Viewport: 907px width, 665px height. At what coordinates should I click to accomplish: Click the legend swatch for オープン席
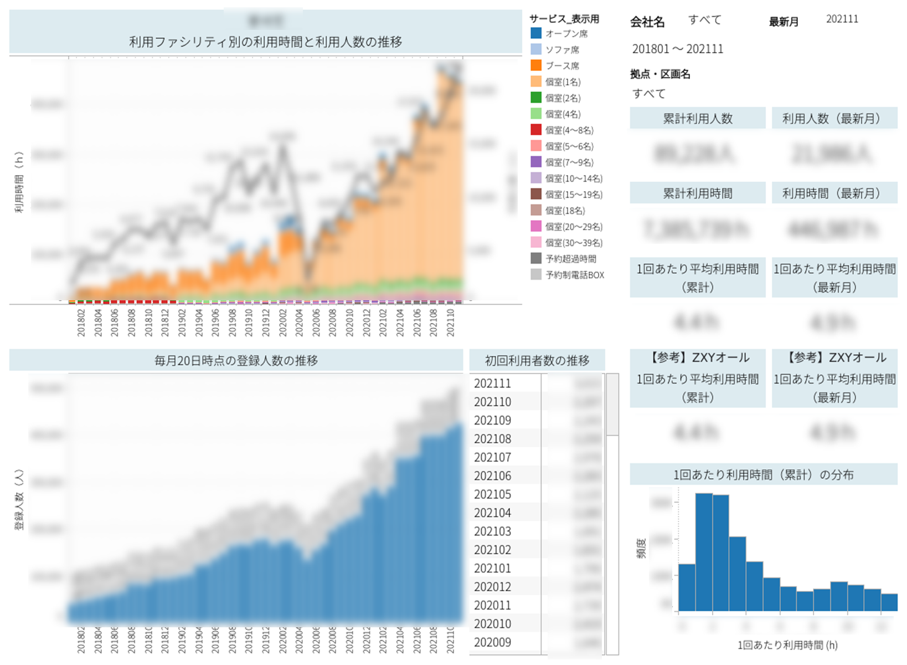pyautogui.click(x=536, y=34)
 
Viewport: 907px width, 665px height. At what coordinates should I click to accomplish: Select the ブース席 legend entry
pyautogui.click(x=562, y=66)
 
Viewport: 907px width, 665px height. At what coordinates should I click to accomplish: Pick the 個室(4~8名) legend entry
pyautogui.click(x=569, y=130)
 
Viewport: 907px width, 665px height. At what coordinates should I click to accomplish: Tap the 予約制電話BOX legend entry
pyautogui.click(x=574, y=275)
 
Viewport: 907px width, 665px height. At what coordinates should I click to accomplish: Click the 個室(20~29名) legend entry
pyautogui.click(x=573, y=227)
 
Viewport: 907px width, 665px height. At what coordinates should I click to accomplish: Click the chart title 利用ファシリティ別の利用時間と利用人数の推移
pyautogui.click(x=265, y=42)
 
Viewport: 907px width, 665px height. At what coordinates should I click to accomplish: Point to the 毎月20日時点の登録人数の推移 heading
pyautogui.click(x=236, y=361)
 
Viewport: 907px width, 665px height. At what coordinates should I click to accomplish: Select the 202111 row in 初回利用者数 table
pyautogui.click(x=492, y=383)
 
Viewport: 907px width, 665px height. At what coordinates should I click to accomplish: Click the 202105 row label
pyautogui.click(x=492, y=494)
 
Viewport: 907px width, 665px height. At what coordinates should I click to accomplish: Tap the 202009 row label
pyautogui.click(x=492, y=642)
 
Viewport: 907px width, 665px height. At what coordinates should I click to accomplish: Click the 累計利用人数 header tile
pyautogui.click(x=697, y=119)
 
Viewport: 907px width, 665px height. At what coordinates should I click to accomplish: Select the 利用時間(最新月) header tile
pyautogui.click(x=834, y=193)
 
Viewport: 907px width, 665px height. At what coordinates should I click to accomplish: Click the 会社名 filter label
pyautogui.click(x=647, y=22)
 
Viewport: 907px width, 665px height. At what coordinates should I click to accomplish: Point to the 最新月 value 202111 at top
pyautogui.click(x=842, y=19)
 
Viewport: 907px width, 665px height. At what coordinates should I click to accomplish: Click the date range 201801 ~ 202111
pyautogui.click(x=677, y=49)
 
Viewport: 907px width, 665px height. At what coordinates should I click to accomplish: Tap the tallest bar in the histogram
pyautogui.click(x=703, y=551)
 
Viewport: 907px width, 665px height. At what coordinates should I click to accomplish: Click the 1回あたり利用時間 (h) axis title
pyautogui.click(x=787, y=645)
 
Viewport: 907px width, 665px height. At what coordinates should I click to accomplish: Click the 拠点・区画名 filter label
pyautogui.click(x=660, y=74)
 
